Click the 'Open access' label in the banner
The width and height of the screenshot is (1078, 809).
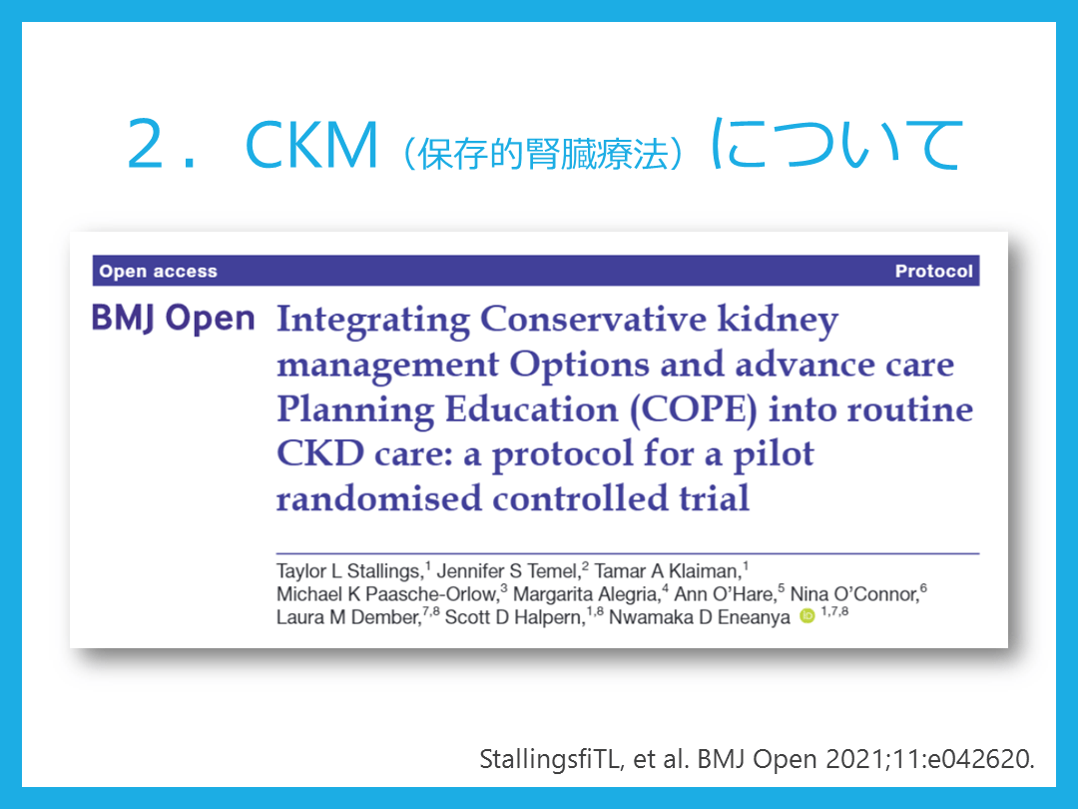(x=158, y=272)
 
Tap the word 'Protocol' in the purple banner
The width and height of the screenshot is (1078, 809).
(x=933, y=271)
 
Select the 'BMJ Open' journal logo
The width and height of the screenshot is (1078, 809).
(x=174, y=319)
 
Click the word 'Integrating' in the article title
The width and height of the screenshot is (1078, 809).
(x=373, y=322)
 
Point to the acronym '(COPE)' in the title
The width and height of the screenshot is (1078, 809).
(x=693, y=410)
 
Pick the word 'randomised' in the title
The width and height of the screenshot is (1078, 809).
(x=379, y=498)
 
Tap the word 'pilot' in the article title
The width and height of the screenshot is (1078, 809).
(x=774, y=454)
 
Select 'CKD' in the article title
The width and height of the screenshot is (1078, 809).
(x=319, y=454)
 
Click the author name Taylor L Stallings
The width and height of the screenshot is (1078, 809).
(x=348, y=571)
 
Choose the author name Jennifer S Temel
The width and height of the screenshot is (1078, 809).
(x=508, y=571)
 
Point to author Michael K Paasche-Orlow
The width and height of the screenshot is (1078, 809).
(x=387, y=593)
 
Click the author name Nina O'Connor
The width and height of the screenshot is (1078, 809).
(x=854, y=593)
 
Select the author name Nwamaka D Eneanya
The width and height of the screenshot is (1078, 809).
(x=699, y=617)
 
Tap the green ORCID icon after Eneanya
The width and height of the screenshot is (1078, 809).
(x=808, y=616)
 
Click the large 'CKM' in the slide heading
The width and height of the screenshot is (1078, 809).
(x=311, y=145)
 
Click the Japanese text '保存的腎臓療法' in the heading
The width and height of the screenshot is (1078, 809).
(x=543, y=154)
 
